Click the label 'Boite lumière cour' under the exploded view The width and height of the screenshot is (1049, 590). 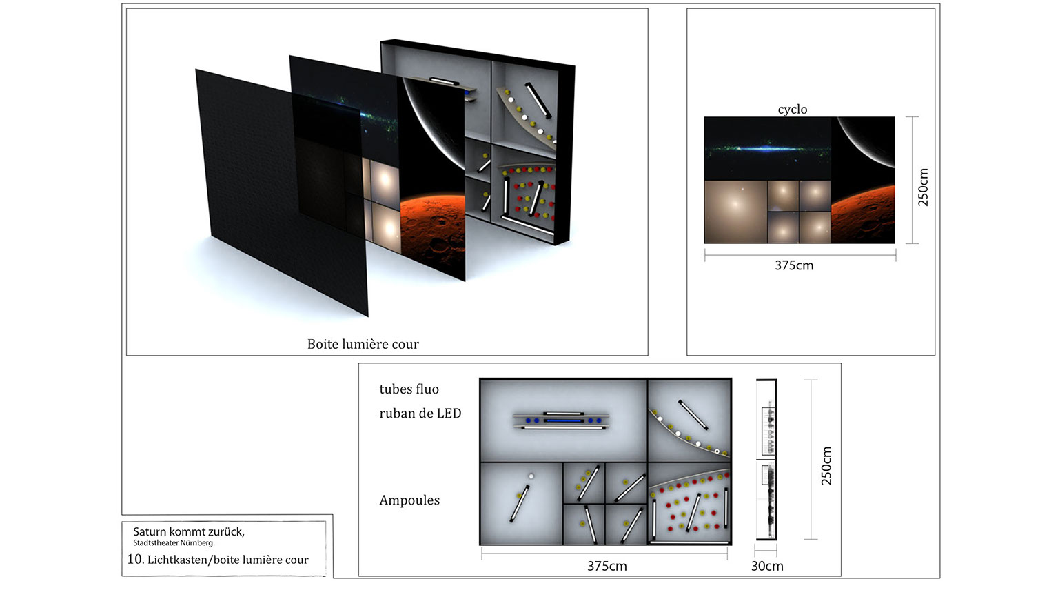click(x=363, y=344)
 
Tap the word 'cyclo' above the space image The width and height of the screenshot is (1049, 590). click(x=793, y=110)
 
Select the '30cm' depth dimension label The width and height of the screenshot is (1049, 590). click(x=767, y=566)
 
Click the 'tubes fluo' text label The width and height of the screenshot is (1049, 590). click(x=409, y=389)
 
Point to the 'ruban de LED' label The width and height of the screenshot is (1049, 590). click(x=420, y=413)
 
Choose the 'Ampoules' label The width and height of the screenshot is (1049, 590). click(x=409, y=500)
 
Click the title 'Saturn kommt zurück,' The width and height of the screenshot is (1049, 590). click(x=189, y=532)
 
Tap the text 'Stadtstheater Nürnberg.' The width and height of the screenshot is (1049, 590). click(x=174, y=543)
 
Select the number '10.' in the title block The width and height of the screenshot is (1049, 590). click(x=135, y=560)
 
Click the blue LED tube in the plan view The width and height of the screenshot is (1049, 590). click(x=564, y=420)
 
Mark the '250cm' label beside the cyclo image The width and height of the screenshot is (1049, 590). click(x=923, y=187)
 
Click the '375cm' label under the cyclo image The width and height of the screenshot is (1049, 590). click(x=794, y=265)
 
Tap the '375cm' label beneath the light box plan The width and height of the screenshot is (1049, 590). click(x=607, y=566)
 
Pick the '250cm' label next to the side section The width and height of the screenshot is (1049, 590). click(x=826, y=465)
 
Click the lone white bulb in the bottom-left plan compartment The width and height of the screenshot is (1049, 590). click(x=531, y=476)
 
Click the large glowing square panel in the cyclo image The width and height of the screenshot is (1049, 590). click(x=735, y=212)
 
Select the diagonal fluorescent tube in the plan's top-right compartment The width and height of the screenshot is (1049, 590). click(x=693, y=415)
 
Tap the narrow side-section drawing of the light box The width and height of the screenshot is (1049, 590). click(x=766, y=459)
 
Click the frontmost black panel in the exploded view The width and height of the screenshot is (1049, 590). click(x=281, y=192)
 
